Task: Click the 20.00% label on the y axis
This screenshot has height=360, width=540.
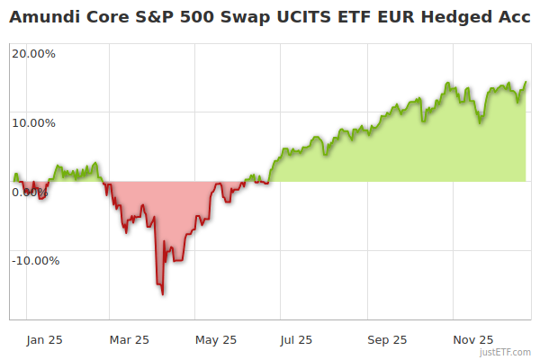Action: tap(33, 53)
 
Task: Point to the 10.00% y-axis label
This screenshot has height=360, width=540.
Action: tap(33, 122)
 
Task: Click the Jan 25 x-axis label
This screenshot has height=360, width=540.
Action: tap(43, 339)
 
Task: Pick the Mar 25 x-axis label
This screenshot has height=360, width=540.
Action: tap(129, 339)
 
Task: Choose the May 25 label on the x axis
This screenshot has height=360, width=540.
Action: tap(216, 339)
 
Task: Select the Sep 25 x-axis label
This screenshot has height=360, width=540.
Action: tap(387, 339)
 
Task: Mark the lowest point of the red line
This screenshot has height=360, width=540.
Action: tap(162, 294)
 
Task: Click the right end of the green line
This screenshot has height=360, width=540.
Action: tap(526, 82)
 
